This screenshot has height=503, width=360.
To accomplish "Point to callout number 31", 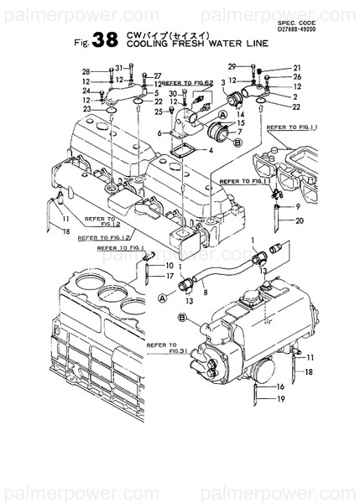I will [x=118, y=67].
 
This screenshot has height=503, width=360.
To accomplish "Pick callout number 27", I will [x=156, y=76].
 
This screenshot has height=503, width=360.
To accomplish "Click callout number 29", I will [x=232, y=66].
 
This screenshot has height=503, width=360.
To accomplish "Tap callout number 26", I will [x=296, y=77].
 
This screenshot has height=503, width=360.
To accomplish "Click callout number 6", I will [x=159, y=132].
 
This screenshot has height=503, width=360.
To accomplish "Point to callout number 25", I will [x=158, y=111].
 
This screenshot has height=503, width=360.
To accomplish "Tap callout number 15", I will [x=241, y=123].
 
